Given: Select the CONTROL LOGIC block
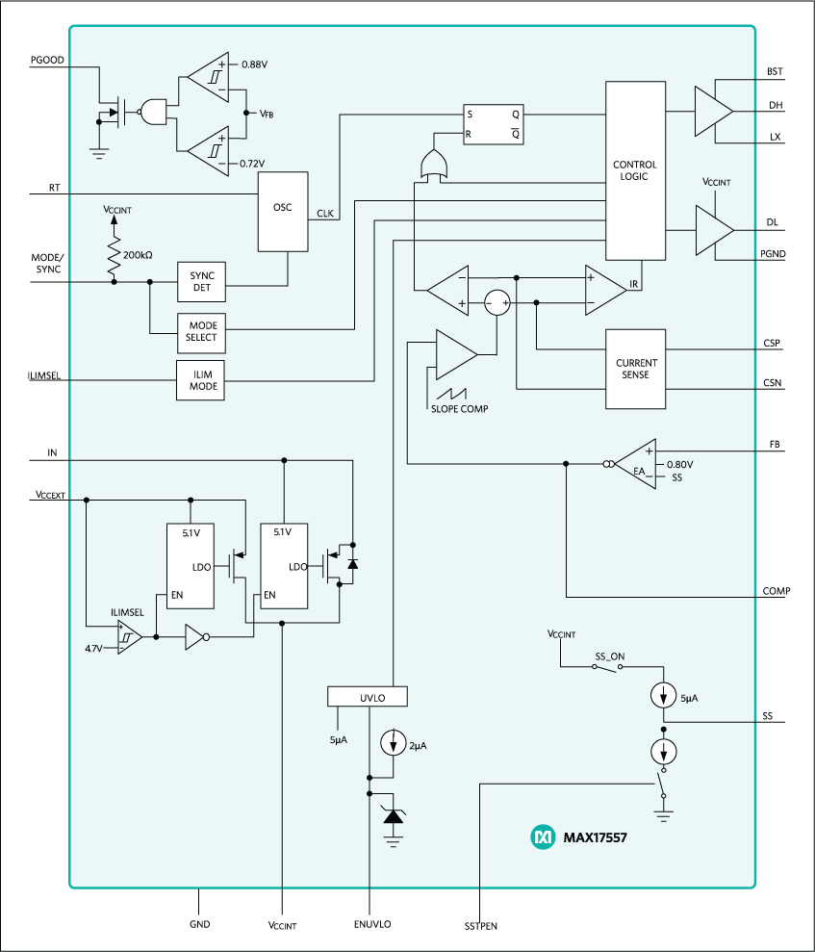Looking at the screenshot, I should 635,170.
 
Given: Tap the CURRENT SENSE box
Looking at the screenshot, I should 635,368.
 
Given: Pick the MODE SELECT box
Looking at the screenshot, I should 201,332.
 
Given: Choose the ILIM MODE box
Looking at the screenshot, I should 201,380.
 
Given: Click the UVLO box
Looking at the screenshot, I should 369,695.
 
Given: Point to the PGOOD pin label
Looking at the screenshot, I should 47,60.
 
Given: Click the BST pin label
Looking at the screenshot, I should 775,72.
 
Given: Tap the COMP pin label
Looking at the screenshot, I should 776,590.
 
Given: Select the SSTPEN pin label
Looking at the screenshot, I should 479,925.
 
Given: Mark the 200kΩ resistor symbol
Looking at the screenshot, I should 115,258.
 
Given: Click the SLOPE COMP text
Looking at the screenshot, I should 459,409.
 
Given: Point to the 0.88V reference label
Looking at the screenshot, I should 254,64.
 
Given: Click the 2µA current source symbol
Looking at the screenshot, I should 393,744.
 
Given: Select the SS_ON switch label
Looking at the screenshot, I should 609,656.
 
